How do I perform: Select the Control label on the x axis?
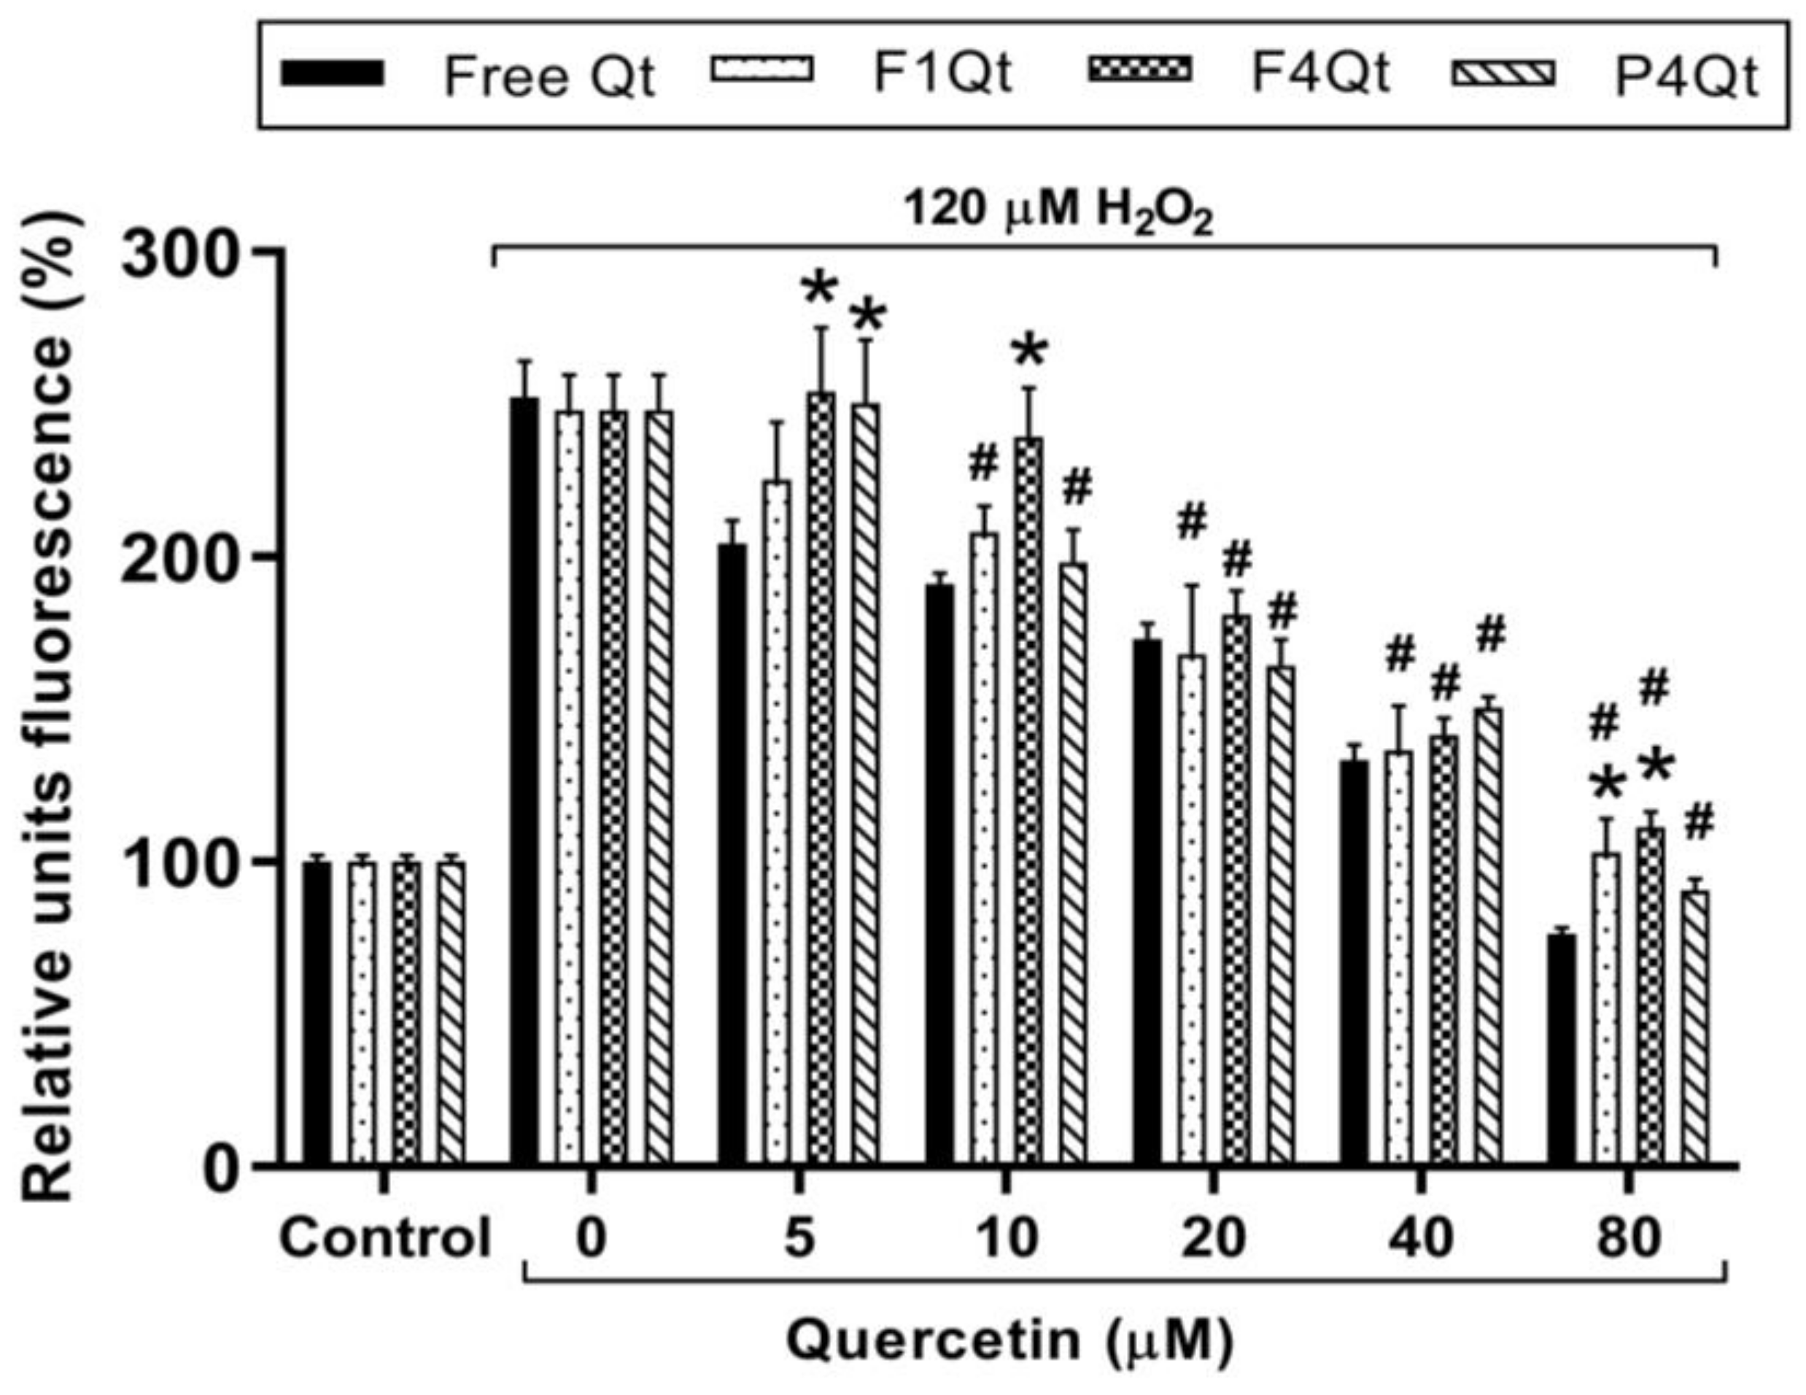coord(385,1239)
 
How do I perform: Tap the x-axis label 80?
coord(1627,1239)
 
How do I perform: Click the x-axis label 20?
coord(1212,1239)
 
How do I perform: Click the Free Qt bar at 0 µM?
coord(524,781)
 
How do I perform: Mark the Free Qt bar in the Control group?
coord(317,1013)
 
